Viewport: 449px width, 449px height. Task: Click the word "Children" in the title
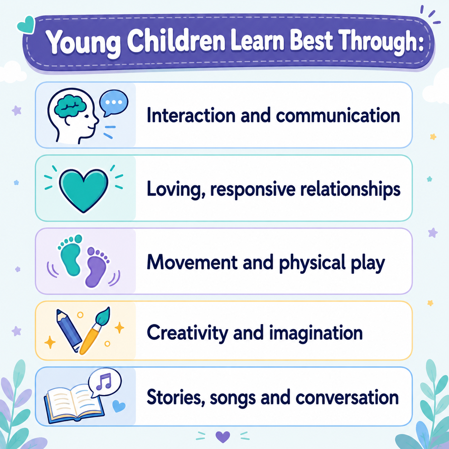[x=176, y=41]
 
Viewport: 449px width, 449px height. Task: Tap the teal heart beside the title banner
[x=26, y=25]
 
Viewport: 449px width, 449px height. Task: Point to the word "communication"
[x=338, y=115]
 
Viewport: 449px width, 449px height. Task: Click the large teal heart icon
[x=84, y=190]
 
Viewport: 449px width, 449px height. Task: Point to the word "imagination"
[x=316, y=333]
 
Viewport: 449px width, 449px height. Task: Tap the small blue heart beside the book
[x=119, y=406]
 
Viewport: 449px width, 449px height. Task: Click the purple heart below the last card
[x=223, y=437]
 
